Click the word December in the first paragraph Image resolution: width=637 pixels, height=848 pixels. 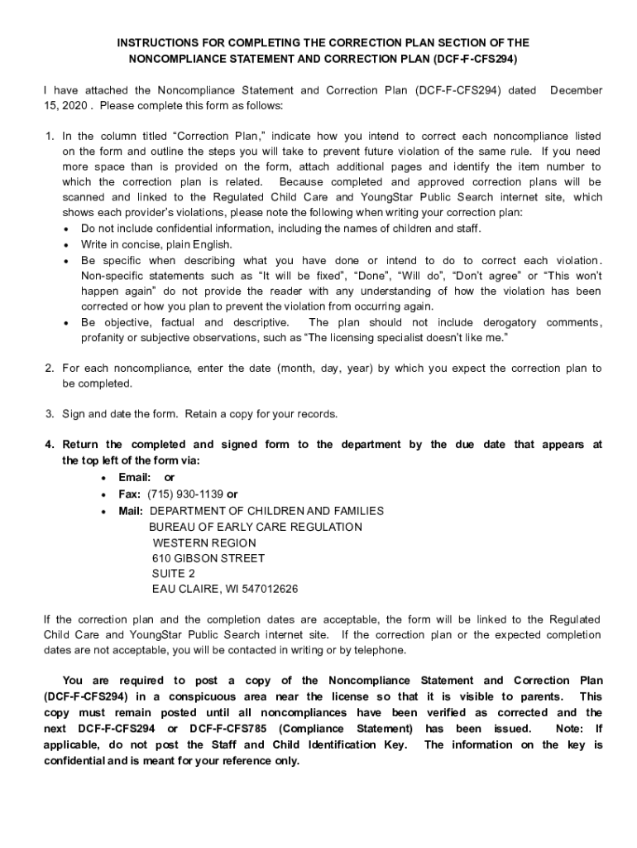click(576, 90)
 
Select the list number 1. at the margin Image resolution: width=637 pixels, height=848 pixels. click(50, 136)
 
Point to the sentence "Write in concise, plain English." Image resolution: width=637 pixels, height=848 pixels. click(156, 244)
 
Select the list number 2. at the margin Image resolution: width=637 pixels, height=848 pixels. click(50, 368)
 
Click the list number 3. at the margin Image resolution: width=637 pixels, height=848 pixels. click(50, 414)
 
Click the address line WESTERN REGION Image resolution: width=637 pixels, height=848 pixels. click(204, 542)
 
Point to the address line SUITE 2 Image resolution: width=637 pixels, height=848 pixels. click(174, 573)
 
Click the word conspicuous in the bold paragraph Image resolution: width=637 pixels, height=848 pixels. click(204, 696)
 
